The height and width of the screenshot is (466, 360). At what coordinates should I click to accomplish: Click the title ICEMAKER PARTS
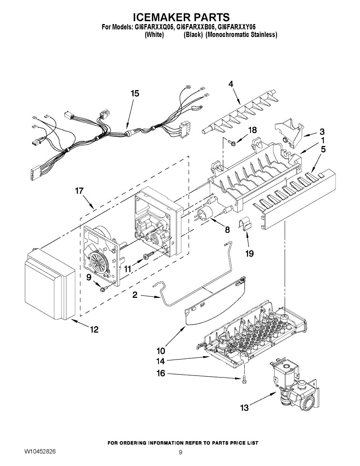pyautogui.click(x=181, y=17)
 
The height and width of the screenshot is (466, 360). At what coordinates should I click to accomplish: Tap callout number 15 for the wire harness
pyautogui.click(x=135, y=94)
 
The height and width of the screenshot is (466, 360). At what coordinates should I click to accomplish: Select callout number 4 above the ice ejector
pyautogui.click(x=231, y=84)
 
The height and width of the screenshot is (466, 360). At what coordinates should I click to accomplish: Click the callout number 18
pyautogui.click(x=252, y=130)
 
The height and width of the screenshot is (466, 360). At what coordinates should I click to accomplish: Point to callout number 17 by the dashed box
pyautogui.click(x=80, y=191)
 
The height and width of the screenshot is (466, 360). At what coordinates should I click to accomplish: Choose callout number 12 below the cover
pyautogui.click(x=94, y=330)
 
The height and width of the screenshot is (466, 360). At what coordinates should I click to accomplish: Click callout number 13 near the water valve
pyautogui.click(x=244, y=408)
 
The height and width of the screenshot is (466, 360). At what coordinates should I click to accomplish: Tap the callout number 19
pyautogui.click(x=249, y=254)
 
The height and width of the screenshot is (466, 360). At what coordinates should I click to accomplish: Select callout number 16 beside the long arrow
pyautogui.click(x=160, y=374)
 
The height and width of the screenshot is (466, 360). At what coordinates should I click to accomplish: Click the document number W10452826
pyautogui.click(x=40, y=452)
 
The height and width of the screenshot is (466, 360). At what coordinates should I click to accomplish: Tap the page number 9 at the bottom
pyautogui.click(x=181, y=452)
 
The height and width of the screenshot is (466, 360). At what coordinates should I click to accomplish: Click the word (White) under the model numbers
pyautogui.click(x=154, y=35)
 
